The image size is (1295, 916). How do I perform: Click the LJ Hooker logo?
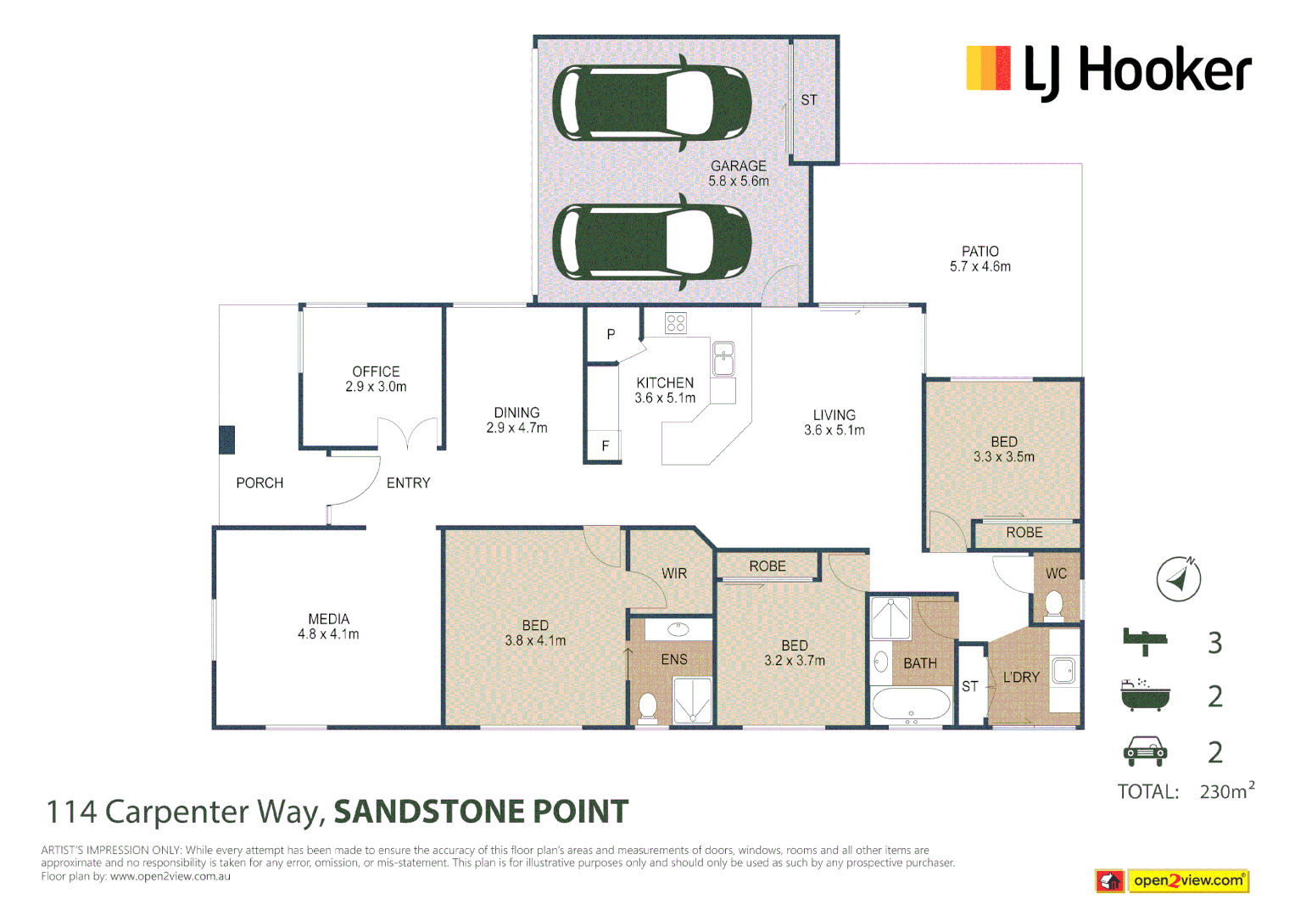(x=1108, y=70)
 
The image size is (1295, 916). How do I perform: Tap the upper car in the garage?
(x=651, y=103)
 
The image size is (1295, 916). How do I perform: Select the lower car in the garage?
(x=651, y=242)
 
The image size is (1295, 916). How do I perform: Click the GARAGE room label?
(x=738, y=166)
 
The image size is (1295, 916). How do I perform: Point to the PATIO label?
(x=980, y=252)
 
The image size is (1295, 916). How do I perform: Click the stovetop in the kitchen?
(x=676, y=323)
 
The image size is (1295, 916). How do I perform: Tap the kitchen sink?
(x=723, y=358)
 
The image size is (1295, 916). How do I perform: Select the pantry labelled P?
(x=611, y=335)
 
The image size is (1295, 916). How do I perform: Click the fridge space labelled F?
(x=605, y=446)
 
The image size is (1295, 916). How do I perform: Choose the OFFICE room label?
(x=376, y=371)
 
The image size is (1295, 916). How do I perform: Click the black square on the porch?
(x=226, y=440)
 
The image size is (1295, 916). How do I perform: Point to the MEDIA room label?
(x=328, y=619)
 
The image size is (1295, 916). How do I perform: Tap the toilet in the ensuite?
(x=648, y=707)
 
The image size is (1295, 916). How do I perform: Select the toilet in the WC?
(x=1054, y=604)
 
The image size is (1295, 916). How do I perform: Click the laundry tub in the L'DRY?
(x=1063, y=671)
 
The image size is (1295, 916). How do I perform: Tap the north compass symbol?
(x=1178, y=579)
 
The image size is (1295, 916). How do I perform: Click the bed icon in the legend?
(x=1144, y=641)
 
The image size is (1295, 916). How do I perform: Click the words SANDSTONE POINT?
(x=481, y=812)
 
